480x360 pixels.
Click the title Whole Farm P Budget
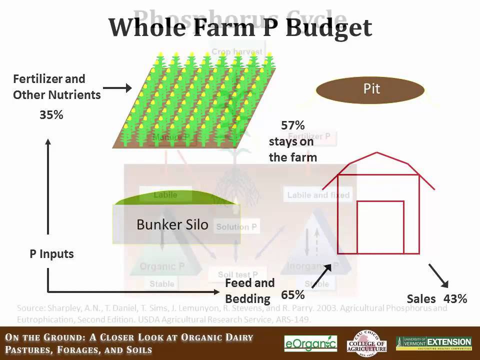pyautogui.click(x=240, y=27)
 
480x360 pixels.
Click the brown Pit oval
pyautogui.click(x=370, y=90)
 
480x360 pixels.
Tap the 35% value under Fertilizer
pyautogui.click(x=51, y=115)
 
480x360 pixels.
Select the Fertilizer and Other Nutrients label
pyautogui.click(x=56, y=87)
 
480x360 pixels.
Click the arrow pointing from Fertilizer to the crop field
pyautogui.click(x=117, y=88)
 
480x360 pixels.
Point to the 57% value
pyautogui.click(x=292, y=125)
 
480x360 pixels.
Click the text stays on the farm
pyautogui.click(x=292, y=149)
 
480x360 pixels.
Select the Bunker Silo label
pyautogui.click(x=172, y=224)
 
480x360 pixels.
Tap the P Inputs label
pyautogui.click(x=51, y=254)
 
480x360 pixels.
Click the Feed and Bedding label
pyautogui.click(x=250, y=291)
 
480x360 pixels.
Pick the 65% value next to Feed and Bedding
pyautogui.click(x=292, y=294)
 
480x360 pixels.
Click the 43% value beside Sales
pyautogui.click(x=455, y=299)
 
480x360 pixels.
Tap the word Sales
pyautogui.click(x=421, y=299)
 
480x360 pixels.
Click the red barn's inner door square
pyautogui.click(x=380, y=227)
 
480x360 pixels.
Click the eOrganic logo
pyautogui.click(x=310, y=343)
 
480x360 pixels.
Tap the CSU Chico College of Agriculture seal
pyautogui.click(x=366, y=343)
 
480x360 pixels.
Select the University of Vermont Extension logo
pyautogui.click(x=433, y=343)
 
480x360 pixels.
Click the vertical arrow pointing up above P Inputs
pyautogui.click(x=48, y=187)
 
